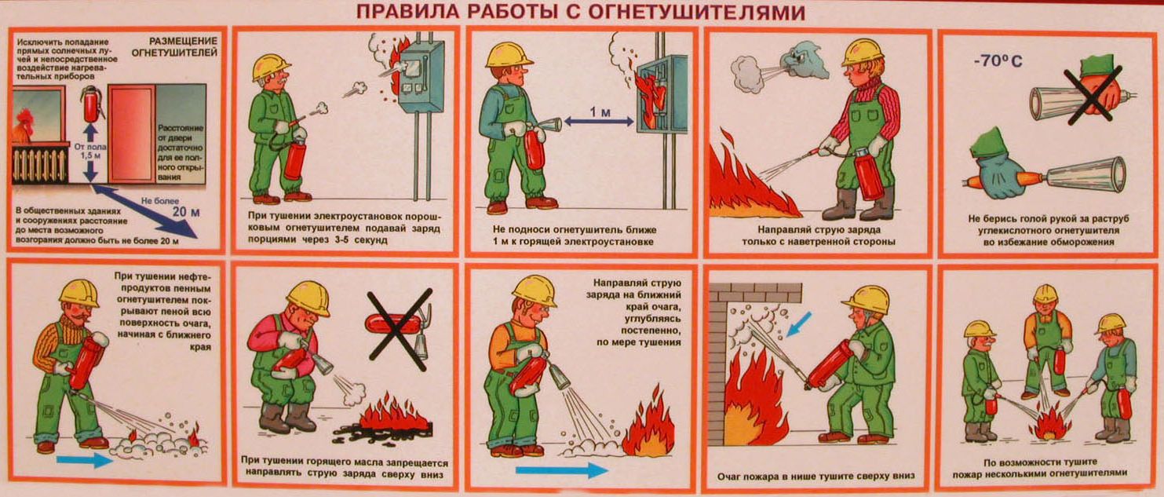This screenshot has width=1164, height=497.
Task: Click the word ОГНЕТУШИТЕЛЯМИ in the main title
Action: (x=696, y=12)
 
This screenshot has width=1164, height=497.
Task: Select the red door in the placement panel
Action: (x=131, y=134)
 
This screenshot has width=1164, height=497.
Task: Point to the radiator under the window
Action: (x=39, y=165)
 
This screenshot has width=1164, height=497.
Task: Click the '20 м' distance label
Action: (x=186, y=212)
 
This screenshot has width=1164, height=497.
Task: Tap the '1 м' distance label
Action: (x=600, y=111)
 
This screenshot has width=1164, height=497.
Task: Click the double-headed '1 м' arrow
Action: (x=599, y=122)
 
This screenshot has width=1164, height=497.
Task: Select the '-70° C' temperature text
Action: (x=998, y=61)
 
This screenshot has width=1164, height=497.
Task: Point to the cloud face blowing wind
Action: (x=805, y=60)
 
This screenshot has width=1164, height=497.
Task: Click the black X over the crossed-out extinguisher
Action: (x=400, y=329)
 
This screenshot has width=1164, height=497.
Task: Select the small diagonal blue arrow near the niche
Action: (x=799, y=324)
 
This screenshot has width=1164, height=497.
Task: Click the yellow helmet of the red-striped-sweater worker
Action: (x=862, y=52)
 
